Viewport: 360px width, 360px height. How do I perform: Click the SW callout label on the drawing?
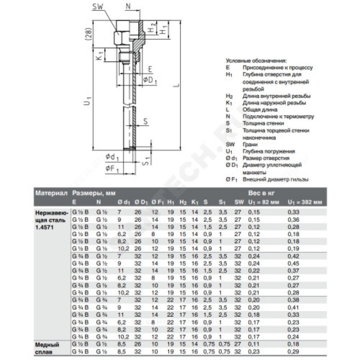point(99,6)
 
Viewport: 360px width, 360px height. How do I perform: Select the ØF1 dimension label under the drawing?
point(112,168)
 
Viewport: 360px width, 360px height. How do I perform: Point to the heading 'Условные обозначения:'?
point(256,60)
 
